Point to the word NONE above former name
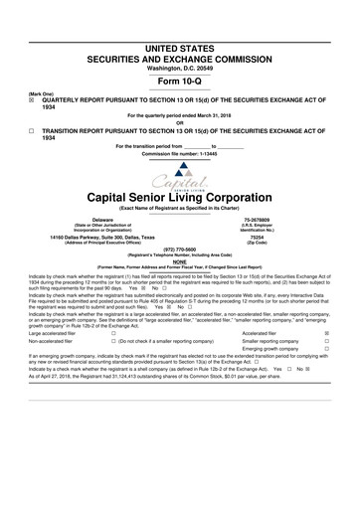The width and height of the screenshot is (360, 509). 180,261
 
